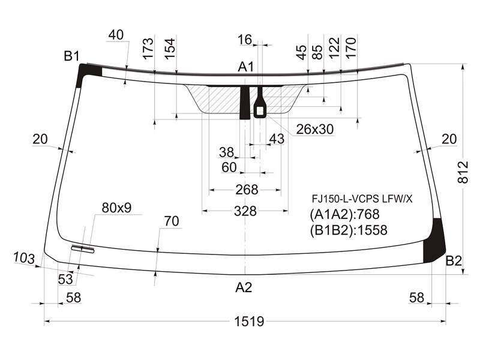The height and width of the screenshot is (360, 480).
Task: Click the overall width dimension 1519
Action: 249,322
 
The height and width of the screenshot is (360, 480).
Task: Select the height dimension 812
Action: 463,172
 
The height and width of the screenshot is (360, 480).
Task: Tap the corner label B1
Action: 72,56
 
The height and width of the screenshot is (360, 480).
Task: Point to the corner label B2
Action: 454,261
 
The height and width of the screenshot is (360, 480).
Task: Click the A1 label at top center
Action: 246,67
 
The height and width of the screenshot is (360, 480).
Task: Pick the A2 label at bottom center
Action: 244,287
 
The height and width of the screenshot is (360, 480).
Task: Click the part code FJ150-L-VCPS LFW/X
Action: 362,199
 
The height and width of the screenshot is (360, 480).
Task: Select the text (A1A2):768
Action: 344,214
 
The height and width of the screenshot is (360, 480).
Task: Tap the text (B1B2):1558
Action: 349,230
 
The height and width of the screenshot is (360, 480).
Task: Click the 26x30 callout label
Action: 315,129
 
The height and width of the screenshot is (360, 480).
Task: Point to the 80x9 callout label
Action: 116,208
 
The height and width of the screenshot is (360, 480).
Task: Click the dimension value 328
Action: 245,211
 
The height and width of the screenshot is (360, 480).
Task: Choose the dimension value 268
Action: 247,190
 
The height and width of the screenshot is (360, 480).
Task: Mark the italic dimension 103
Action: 24,258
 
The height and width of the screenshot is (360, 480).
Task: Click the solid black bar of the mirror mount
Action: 245,103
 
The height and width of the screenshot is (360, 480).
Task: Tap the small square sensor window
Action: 260,111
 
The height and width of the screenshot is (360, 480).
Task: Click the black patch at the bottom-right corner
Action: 433,242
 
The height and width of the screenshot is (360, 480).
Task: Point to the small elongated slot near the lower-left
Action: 83,249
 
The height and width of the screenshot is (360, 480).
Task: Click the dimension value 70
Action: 172,221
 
